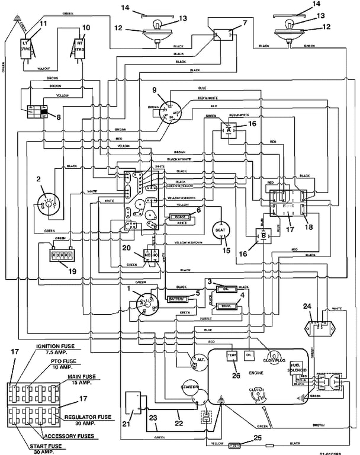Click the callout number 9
tap(155, 90)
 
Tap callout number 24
tap(307, 306)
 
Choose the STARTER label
tap(189, 386)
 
